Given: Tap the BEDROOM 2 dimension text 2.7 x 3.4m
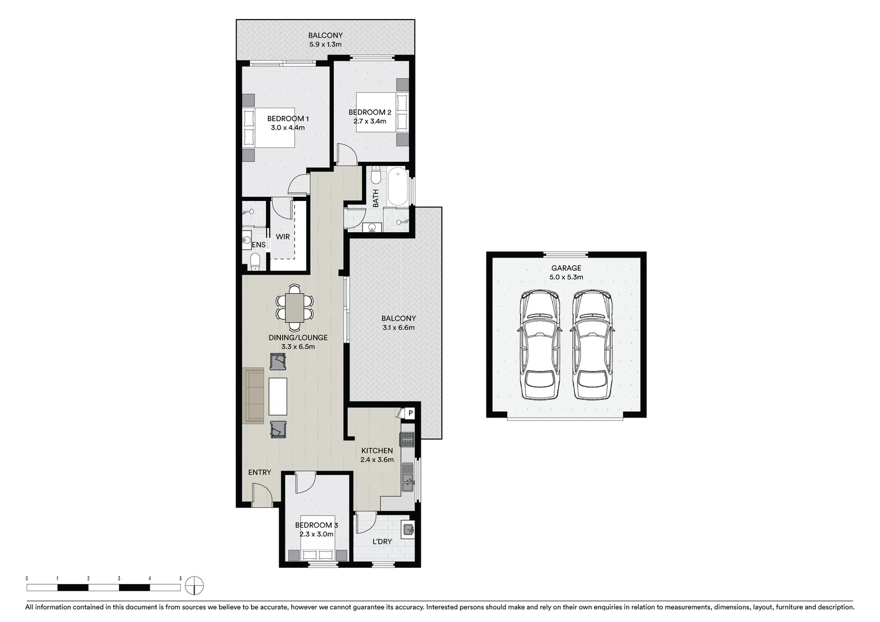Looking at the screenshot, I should [369, 122].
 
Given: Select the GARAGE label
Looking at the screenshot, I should [566, 268].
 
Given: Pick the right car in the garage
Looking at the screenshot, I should [592, 345].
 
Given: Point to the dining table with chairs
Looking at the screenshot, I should [295, 307].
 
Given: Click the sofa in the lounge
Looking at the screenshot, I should [254, 396].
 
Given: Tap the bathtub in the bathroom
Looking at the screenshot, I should [397, 187].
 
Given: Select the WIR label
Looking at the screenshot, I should [283, 237].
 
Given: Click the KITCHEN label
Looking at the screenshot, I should [376, 450].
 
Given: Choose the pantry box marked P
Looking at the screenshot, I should [410, 413].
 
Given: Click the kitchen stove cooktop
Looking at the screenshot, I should [407, 439].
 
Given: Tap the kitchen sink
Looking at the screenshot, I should [408, 479].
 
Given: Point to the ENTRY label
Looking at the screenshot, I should [260, 472].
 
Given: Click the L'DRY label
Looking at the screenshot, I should [382, 541].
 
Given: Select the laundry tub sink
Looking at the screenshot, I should [407, 529].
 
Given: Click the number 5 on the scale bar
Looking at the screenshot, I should [181, 578].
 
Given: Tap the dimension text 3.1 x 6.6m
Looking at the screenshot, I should [398, 328].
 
